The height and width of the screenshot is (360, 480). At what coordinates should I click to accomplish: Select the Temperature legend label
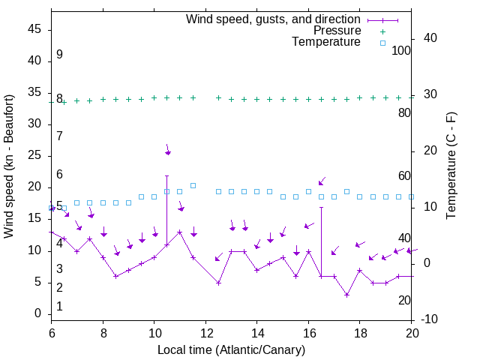pyautogui.click(x=326, y=42)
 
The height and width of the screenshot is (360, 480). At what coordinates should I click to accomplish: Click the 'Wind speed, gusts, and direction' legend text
pyautogui.click(x=274, y=19)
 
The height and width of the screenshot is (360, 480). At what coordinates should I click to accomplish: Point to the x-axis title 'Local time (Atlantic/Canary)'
pyautogui.click(x=232, y=349)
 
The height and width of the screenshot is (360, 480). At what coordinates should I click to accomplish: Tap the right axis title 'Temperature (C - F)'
pyautogui.click(x=451, y=166)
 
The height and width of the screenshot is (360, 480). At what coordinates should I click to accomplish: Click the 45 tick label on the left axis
pyautogui.click(x=34, y=29)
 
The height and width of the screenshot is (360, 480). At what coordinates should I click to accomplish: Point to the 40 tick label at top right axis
pyautogui.click(x=430, y=38)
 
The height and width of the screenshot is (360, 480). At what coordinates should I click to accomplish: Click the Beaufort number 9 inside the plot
pyautogui.click(x=59, y=55)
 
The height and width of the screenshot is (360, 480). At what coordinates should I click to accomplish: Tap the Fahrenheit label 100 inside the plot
pyautogui.click(x=402, y=51)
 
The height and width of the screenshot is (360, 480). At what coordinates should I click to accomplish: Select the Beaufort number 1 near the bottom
pyautogui.click(x=59, y=306)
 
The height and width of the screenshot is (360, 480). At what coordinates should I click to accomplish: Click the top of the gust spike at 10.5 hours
pyautogui.click(x=166, y=175)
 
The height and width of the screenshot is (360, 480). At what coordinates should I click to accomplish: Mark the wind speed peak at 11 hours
pyautogui.click(x=179, y=232)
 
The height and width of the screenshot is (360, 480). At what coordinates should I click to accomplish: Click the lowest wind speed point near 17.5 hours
pyautogui.click(x=346, y=295)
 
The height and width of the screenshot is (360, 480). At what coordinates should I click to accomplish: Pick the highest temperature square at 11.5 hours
pyautogui.click(x=193, y=185)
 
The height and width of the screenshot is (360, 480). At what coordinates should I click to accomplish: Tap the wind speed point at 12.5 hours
pyautogui.click(x=218, y=283)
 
